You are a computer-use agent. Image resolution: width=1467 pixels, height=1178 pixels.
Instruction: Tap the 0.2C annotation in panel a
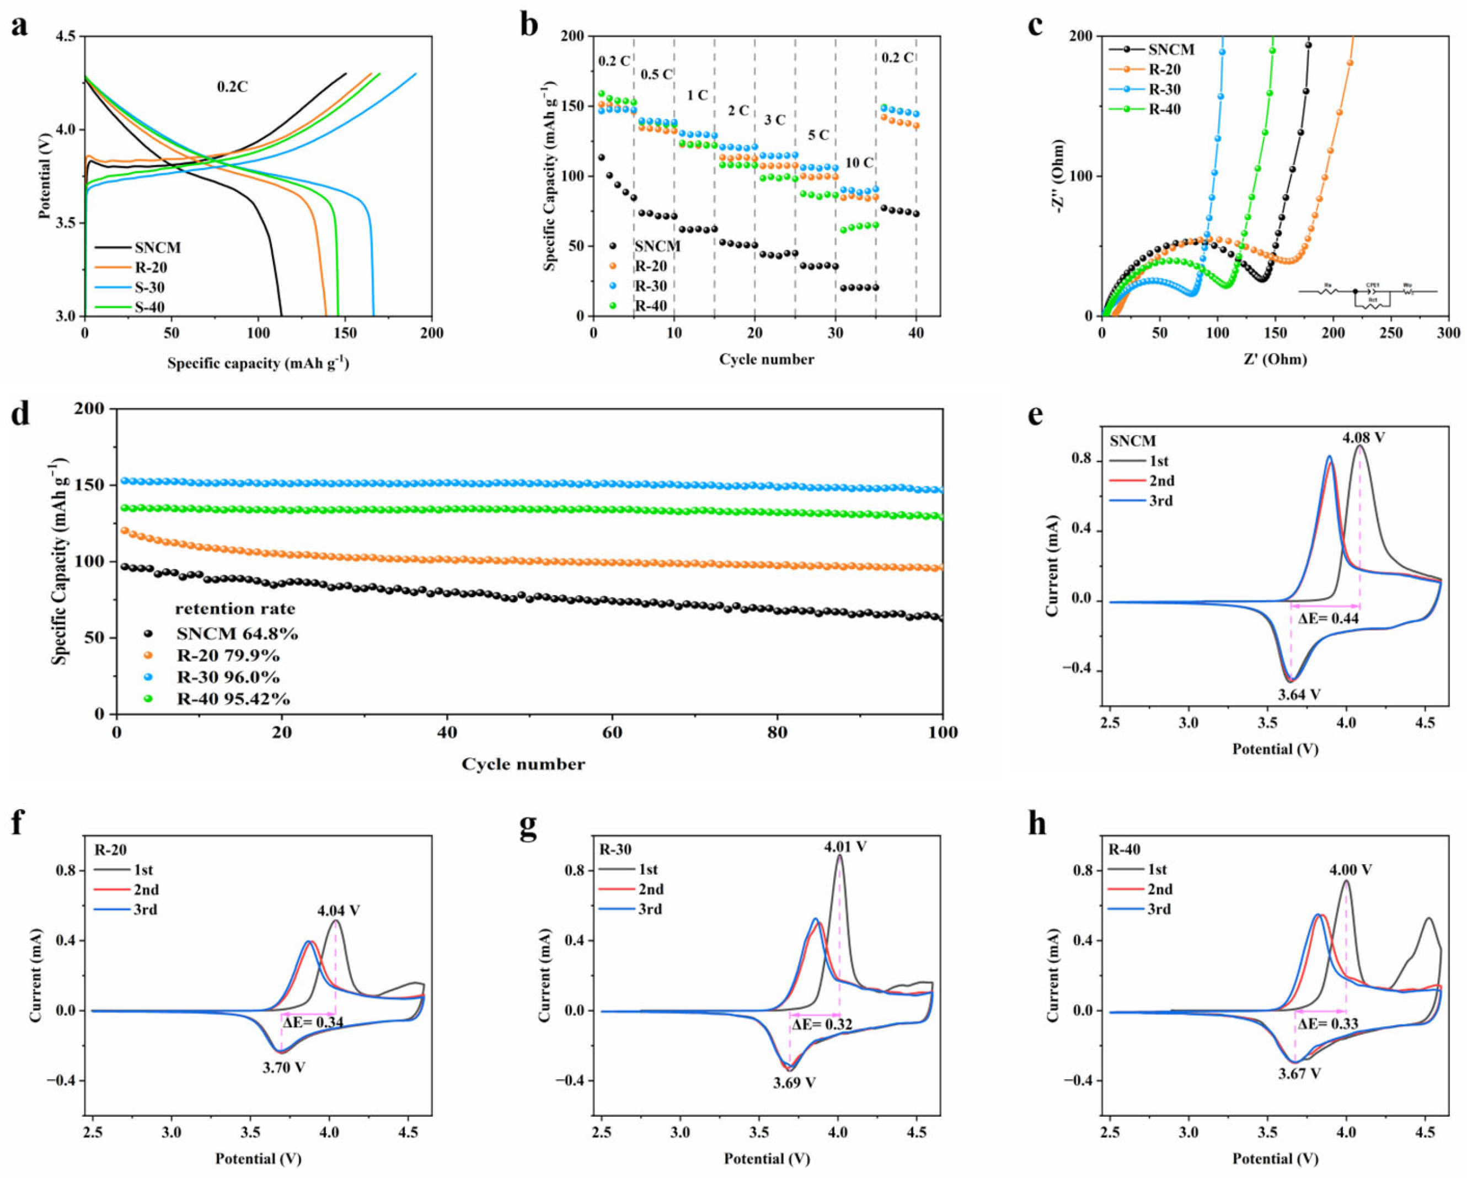tap(232, 87)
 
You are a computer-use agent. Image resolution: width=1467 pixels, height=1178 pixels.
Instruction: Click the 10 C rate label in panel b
tap(859, 163)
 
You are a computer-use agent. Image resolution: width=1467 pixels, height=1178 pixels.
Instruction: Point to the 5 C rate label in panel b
tap(818, 135)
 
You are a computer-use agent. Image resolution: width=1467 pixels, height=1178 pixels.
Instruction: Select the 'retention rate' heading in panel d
tap(235, 608)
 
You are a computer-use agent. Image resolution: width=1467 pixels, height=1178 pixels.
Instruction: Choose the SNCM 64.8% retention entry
tap(236, 634)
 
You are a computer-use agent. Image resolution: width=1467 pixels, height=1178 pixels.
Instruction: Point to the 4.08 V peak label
tap(1363, 437)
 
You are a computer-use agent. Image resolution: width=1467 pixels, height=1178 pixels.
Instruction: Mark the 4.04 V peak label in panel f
tap(338, 911)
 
